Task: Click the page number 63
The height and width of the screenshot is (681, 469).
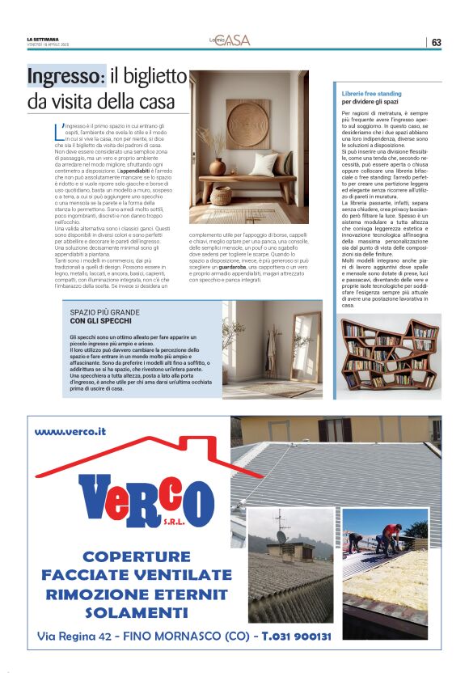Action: pyautogui.click(x=436, y=42)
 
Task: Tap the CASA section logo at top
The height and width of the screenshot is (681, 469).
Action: pyautogui.click(x=233, y=40)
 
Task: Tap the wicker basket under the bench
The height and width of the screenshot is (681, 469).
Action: pyautogui.click(x=221, y=195)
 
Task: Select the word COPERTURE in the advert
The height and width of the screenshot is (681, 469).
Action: pyautogui.click(x=136, y=557)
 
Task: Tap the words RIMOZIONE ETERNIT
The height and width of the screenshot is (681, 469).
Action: pyautogui.click(x=136, y=594)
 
